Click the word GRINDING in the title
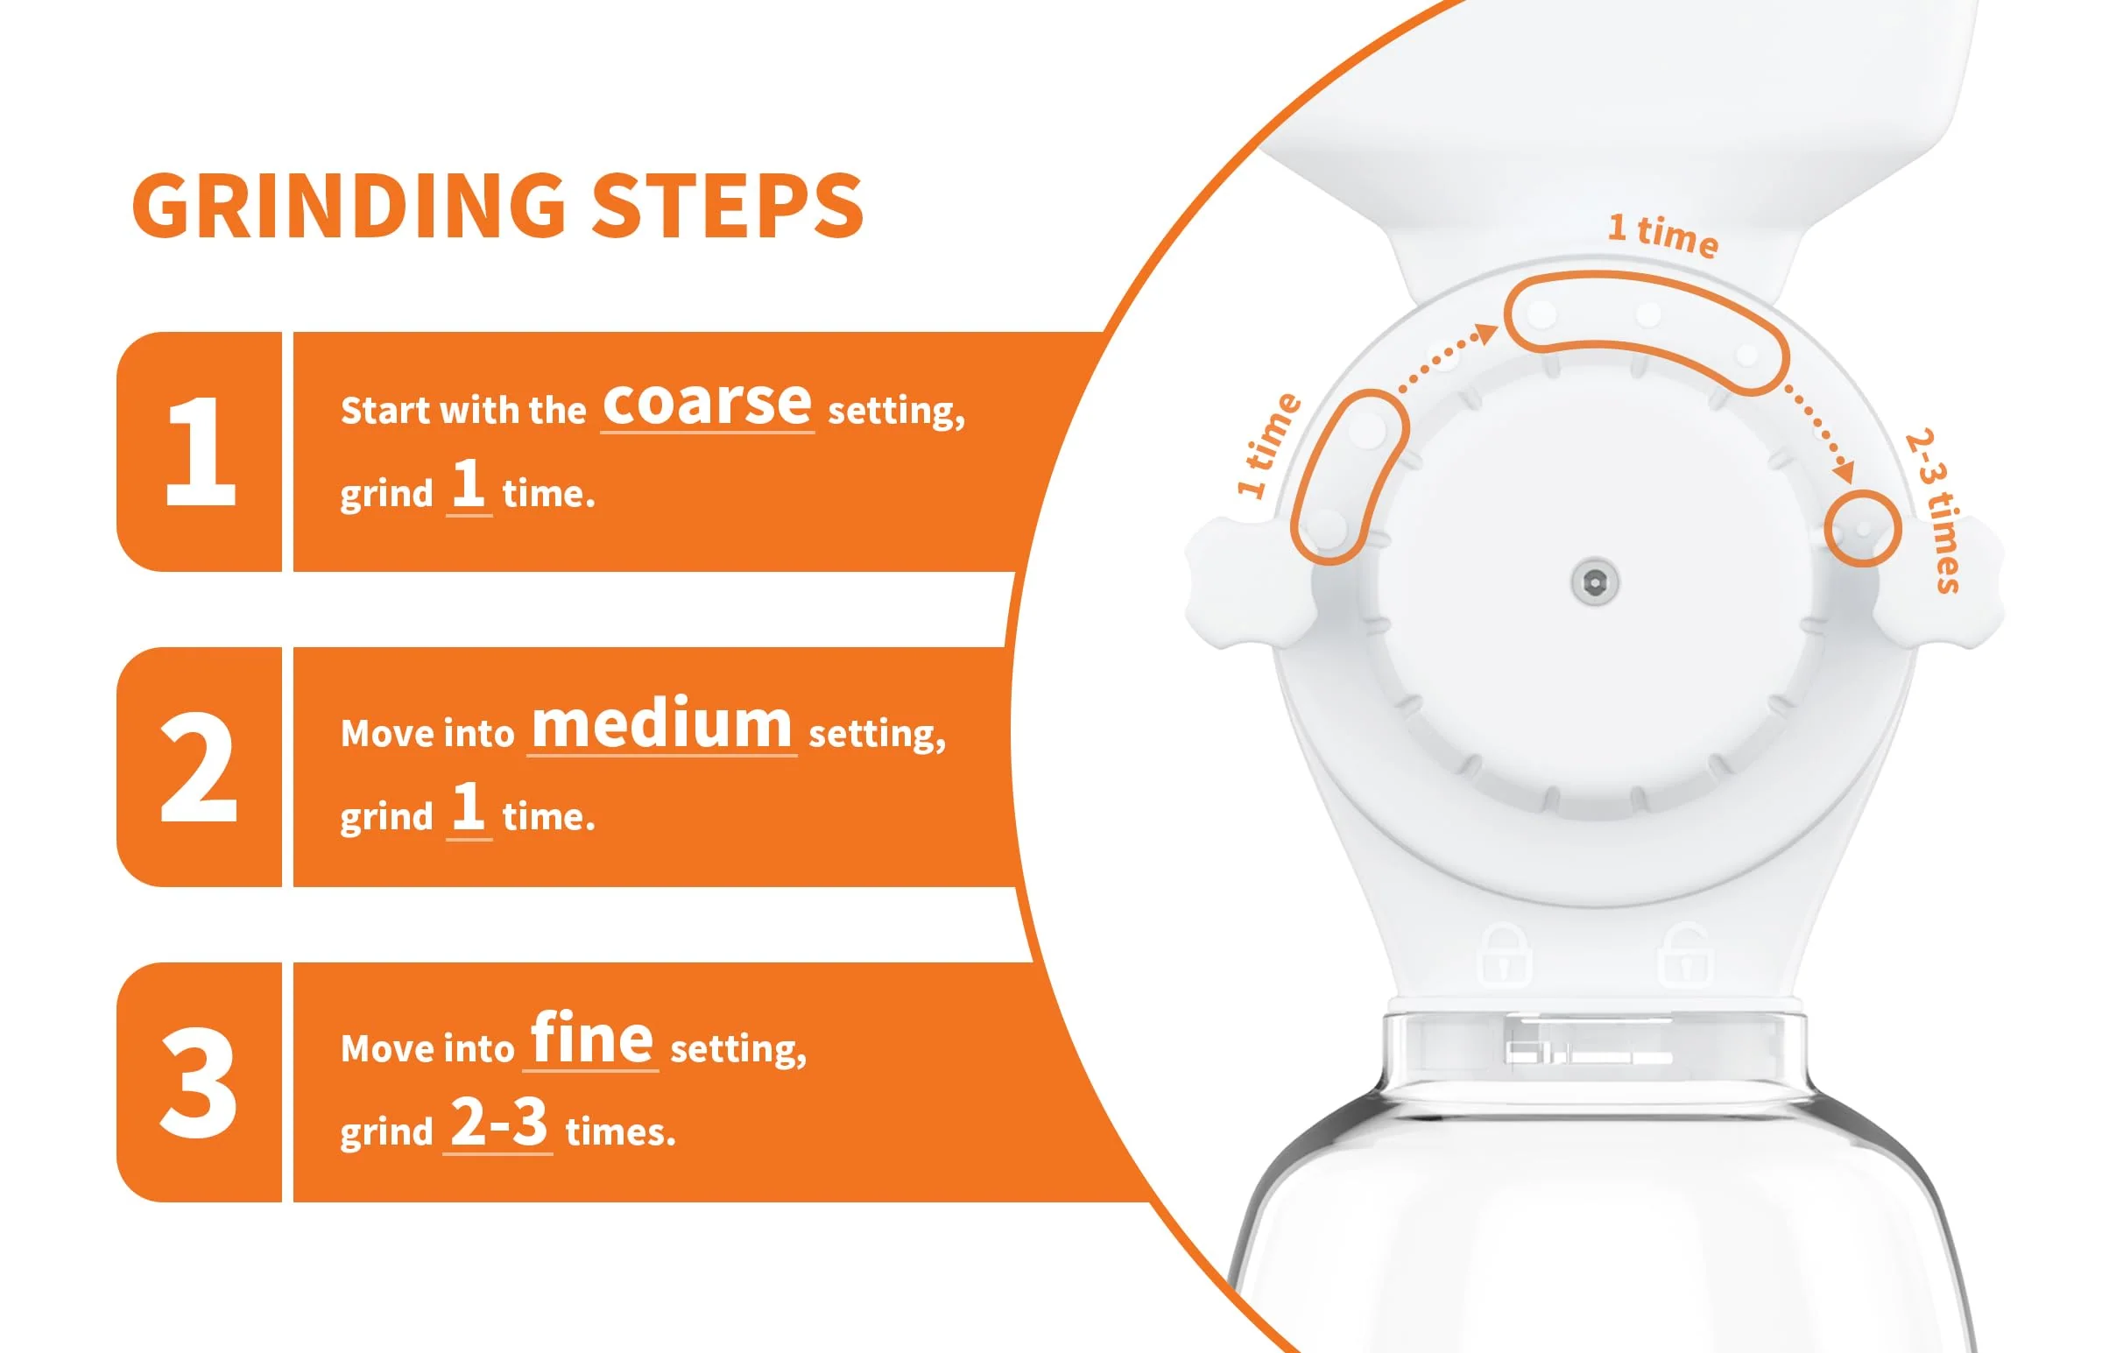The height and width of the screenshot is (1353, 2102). (349, 205)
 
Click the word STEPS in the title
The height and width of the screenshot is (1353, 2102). (728, 205)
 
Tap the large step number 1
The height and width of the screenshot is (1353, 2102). (201, 451)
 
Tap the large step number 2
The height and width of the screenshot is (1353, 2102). (199, 766)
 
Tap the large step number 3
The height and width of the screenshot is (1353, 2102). (199, 1082)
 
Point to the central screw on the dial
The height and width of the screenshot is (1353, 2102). (1595, 581)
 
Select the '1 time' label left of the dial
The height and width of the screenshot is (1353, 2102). (1267, 445)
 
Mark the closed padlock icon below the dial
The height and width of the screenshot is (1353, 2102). (1504, 955)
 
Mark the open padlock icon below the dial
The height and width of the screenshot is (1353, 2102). (1685, 955)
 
